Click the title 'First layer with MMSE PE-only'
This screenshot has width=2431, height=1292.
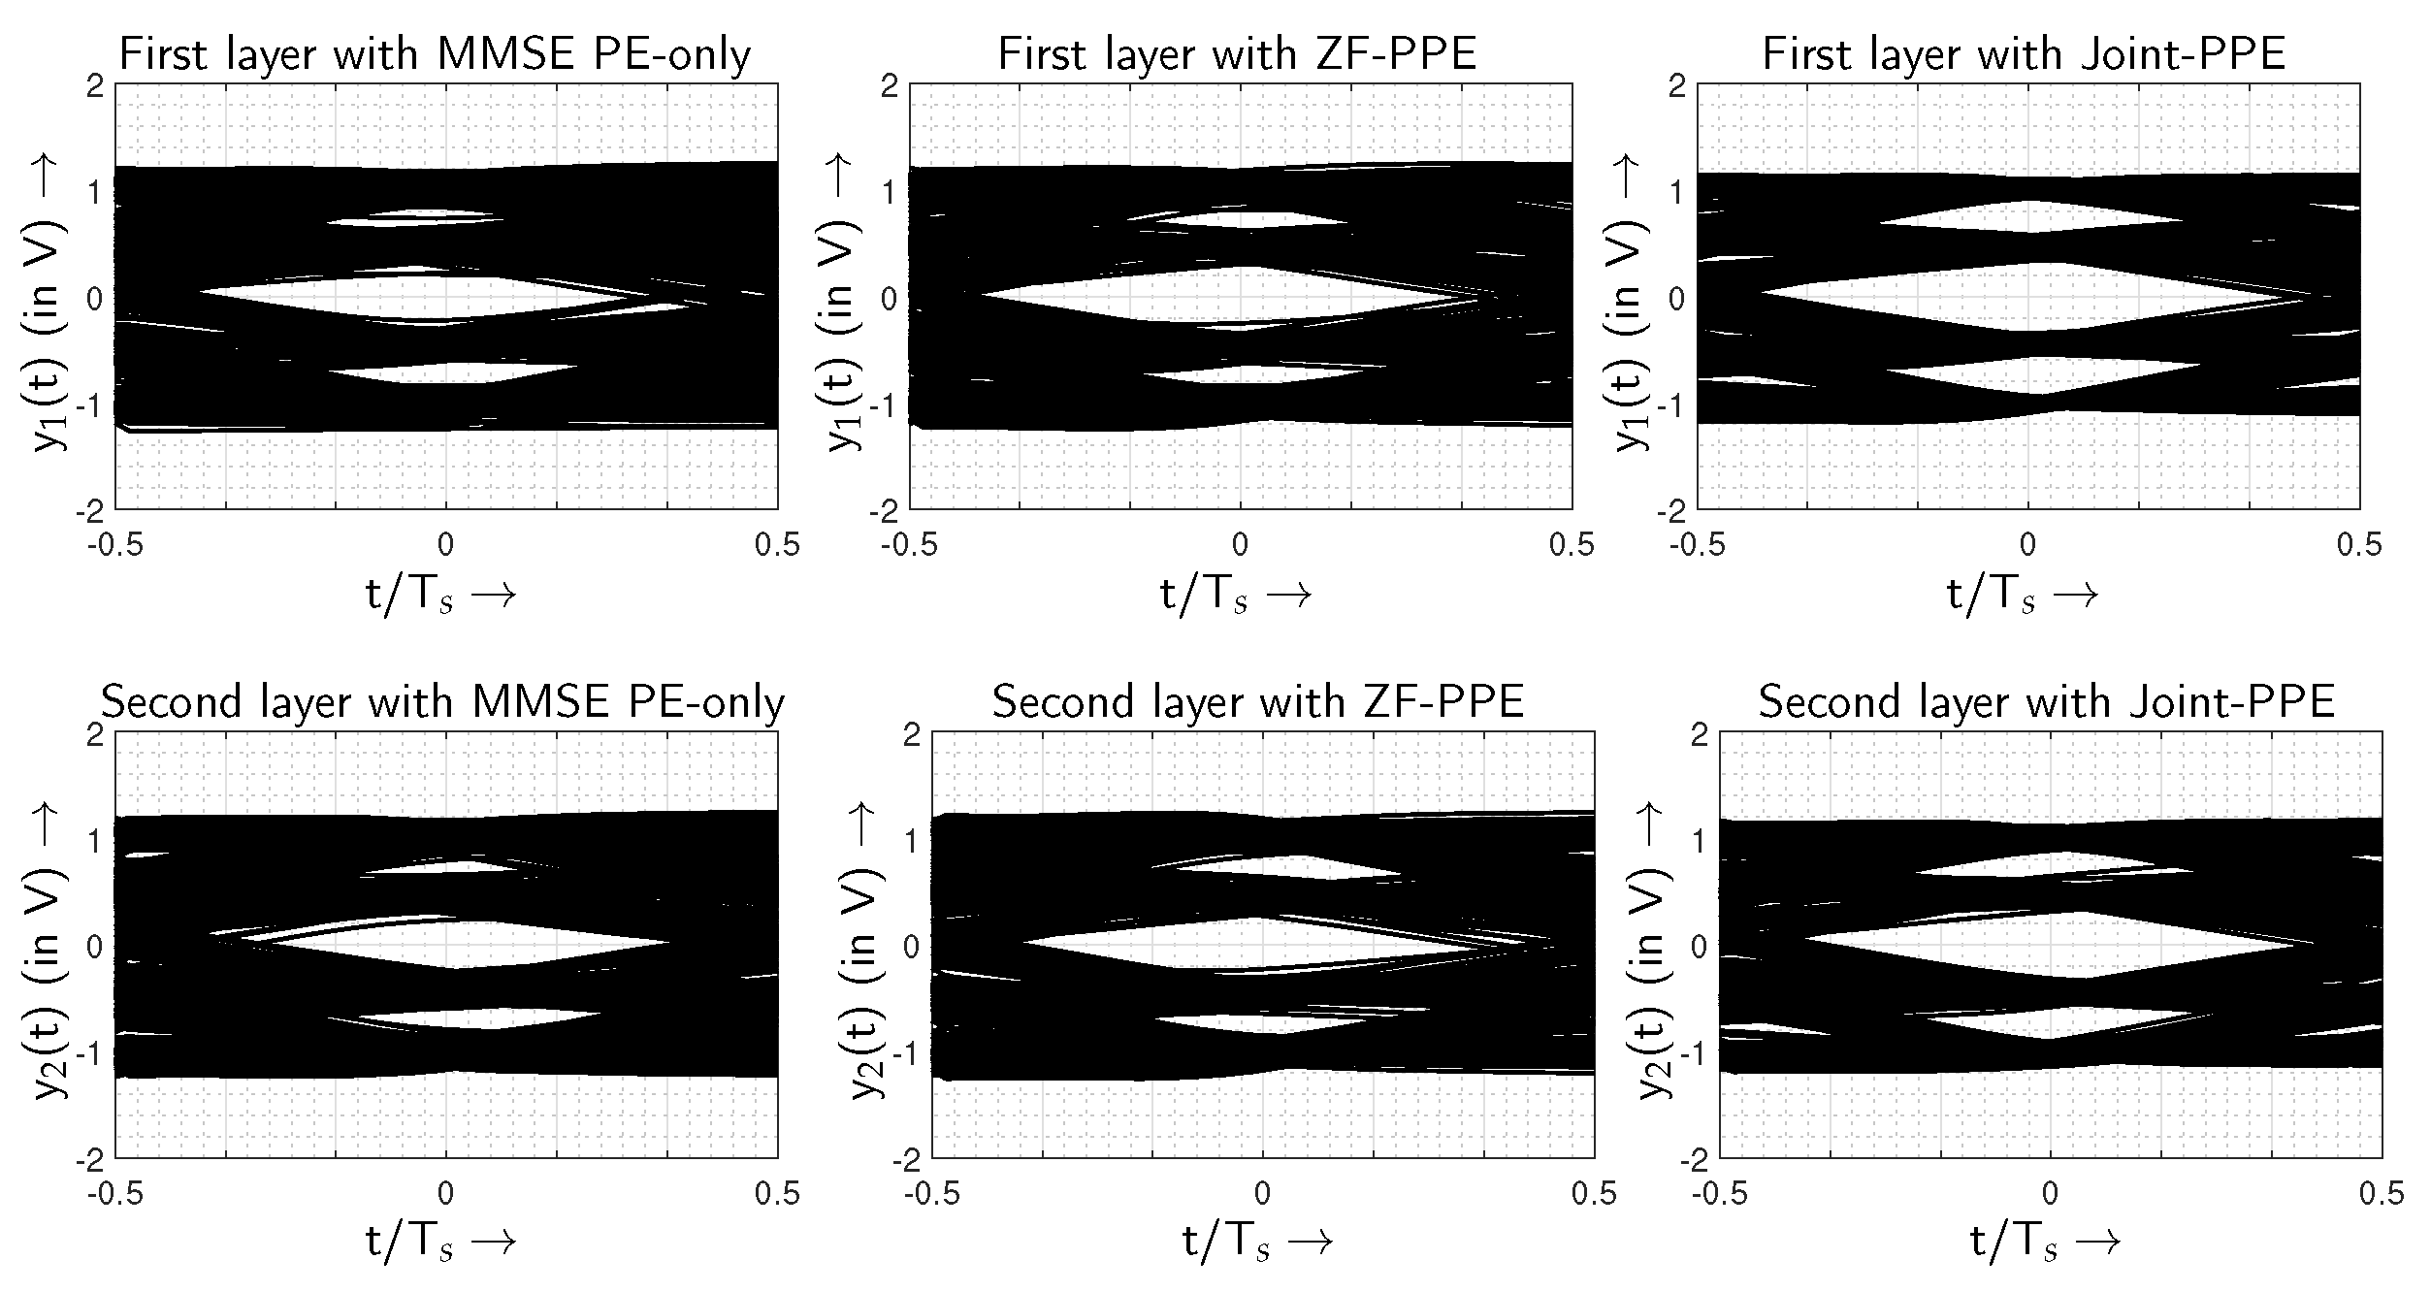click(x=434, y=54)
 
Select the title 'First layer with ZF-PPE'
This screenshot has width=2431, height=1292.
click(x=1237, y=54)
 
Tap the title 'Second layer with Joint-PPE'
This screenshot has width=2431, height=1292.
click(x=2046, y=701)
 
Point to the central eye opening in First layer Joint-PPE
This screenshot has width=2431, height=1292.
click(x=2027, y=295)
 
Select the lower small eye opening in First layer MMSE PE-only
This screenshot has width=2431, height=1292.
click(x=456, y=372)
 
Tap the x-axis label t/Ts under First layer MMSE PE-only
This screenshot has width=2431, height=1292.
click(x=439, y=595)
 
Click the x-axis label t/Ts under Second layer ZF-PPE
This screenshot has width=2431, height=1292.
click(x=1256, y=1243)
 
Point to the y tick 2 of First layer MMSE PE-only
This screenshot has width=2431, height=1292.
click(x=94, y=86)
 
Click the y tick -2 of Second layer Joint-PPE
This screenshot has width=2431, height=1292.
click(x=1698, y=1159)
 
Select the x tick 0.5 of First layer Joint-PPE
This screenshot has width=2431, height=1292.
click(x=2358, y=545)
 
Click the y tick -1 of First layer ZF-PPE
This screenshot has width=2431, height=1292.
click(x=888, y=405)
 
